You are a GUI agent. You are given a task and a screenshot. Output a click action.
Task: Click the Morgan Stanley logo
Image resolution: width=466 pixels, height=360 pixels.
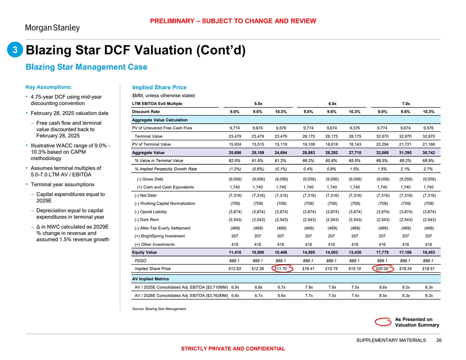pyautogui.click(x=52, y=28)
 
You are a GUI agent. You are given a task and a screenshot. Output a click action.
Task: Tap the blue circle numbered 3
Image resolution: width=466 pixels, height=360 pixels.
pyautogui.click(x=15, y=50)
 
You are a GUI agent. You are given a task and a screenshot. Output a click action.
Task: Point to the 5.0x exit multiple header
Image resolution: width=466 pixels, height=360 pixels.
pyautogui.click(x=259, y=104)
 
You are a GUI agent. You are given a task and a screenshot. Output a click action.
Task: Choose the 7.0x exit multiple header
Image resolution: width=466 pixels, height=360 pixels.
pyautogui.click(x=406, y=104)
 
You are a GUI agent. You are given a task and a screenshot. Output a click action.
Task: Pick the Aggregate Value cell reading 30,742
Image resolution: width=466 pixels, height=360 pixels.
pyautogui.click(x=428, y=152)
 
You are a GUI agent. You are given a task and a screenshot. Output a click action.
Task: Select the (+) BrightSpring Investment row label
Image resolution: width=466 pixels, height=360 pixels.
pyautogui.click(x=160, y=236)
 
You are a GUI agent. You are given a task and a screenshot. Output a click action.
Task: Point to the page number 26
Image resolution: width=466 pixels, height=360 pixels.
pyautogui.click(x=439, y=340)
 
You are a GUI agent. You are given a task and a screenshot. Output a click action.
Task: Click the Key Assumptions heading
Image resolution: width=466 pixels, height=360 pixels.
pyautogui.click(x=49, y=86)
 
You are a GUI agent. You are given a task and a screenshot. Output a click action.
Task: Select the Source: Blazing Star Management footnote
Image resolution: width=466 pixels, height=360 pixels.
pyautogui.click(x=159, y=308)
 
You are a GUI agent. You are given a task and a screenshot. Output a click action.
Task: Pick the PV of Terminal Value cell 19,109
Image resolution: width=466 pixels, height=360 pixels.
pyautogui.click(x=311, y=144)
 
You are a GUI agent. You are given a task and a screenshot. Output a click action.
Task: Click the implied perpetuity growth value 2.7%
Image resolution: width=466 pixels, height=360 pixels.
pyautogui.click(x=428, y=169)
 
